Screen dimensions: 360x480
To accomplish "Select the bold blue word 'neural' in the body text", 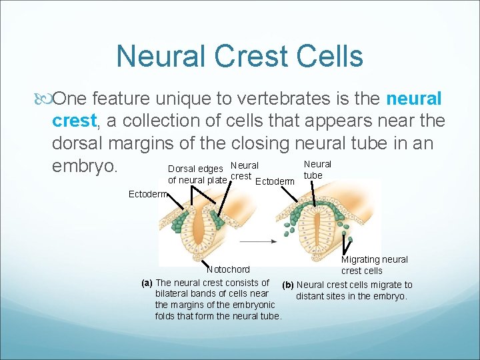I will pyautogui.click(x=413, y=99).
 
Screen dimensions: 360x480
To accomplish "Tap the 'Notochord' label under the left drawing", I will pyautogui.click(x=229, y=269).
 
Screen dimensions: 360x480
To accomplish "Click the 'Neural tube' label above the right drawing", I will pyautogui.click(x=317, y=169).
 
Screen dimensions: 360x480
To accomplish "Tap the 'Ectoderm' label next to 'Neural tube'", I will pyautogui.click(x=275, y=181).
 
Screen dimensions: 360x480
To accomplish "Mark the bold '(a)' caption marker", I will pyautogui.click(x=147, y=283).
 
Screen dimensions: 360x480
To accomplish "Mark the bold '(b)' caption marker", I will pyautogui.click(x=288, y=285).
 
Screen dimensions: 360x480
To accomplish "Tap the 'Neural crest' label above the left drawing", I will pyautogui.click(x=243, y=171).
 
